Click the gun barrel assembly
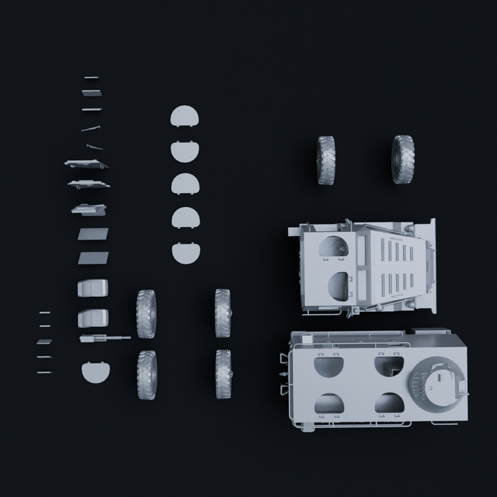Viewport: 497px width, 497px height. (x=104, y=338)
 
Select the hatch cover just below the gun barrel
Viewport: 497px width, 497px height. (x=95, y=371)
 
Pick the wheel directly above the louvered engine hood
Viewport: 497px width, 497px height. (x=402, y=159)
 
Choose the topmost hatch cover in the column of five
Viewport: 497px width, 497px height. (x=184, y=117)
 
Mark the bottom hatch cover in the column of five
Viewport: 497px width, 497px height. (x=184, y=253)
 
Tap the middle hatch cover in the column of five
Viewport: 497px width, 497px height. (x=184, y=184)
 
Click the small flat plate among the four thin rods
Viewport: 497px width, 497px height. (x=45, y=342)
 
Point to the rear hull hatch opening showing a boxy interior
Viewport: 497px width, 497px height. (x=389, y=364)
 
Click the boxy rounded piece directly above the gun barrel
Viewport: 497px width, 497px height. (x=93, y=318)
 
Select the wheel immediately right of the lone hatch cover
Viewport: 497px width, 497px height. (x=147, y=375)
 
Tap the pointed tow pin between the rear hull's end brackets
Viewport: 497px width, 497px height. (x=284, y=373)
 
